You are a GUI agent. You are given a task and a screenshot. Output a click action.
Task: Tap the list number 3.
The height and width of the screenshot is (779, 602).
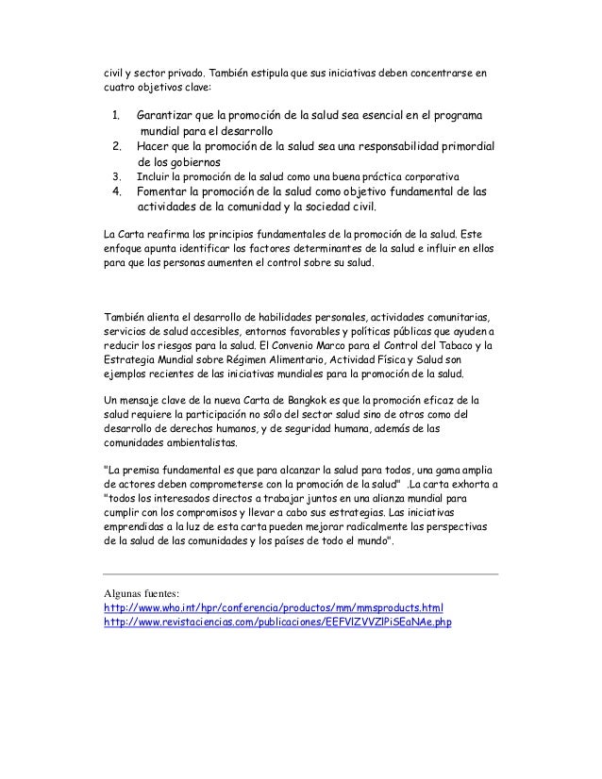pyautogui.click(x=116, y=176)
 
